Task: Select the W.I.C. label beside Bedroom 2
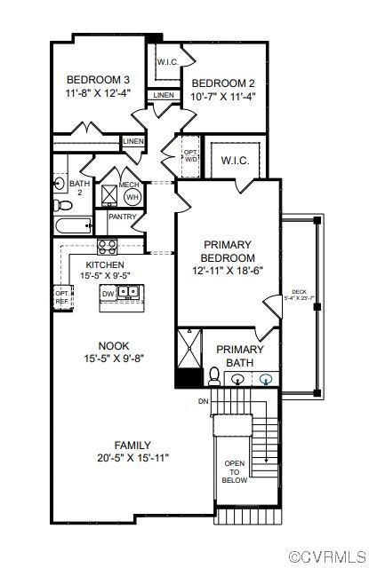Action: coord(168,62)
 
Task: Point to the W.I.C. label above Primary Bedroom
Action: coord(235,161)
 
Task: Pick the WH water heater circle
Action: coord(132,196)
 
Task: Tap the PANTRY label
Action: coord(122,217)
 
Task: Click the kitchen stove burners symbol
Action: coord(108,246)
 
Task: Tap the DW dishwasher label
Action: coord(108,293)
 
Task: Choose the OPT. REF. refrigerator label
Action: coord(61,296)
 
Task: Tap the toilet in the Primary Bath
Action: coord(214,376)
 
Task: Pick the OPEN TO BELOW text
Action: coord(235,471)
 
